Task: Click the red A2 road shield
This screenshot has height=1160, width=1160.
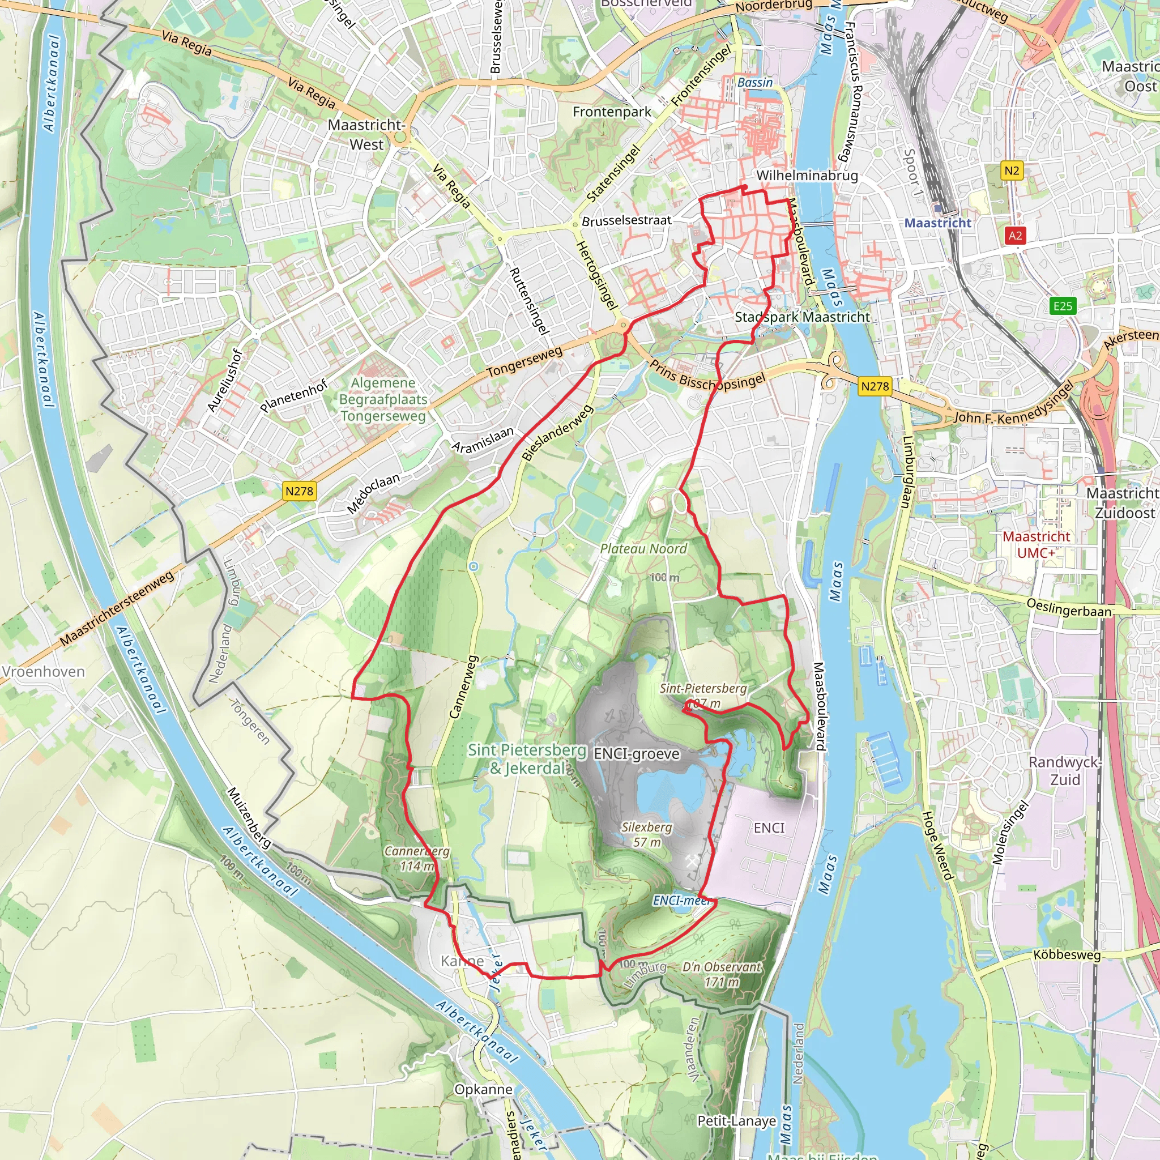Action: tap(1014, 236)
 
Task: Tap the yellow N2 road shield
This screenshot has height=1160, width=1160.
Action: tap(1012, 170)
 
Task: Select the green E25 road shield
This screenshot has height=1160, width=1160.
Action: tap(1062, 306)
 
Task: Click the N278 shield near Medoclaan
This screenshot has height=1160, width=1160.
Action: tap(299, 491)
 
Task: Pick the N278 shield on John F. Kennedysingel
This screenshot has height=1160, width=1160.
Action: tap(874, 386)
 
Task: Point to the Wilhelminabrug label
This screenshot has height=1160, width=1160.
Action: tap(807, 176)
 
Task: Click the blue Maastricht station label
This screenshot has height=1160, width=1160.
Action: tap(937, 223)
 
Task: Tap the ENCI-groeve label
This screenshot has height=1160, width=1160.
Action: tap(637, 754)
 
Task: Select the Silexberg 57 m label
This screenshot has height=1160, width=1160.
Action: tap(647, 834)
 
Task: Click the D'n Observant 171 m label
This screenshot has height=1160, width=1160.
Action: tap(722, 974)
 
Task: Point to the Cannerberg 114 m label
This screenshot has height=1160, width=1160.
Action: tap(417, 859)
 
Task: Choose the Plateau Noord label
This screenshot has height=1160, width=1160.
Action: tap(643, 549)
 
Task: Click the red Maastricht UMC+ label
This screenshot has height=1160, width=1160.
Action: tap(1036, 544)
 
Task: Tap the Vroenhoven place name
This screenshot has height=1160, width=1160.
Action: tap(43, 671)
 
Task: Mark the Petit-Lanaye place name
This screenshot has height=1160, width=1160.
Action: tap(736, 1121)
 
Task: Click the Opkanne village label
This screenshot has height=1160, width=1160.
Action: tap(483, 1089)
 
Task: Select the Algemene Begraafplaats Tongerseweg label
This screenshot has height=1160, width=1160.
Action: tap(383, 399)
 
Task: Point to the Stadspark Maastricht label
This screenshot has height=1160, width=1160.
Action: tap(801, 317)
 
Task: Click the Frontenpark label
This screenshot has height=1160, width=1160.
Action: tap(611, 112)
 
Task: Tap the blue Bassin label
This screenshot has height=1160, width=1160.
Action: tap(754, 82)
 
